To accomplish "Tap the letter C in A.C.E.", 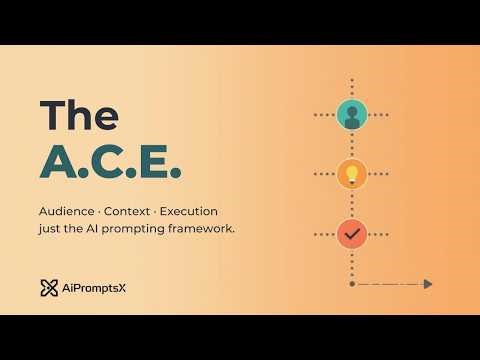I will [106, 162].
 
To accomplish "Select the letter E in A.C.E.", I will [156, 162].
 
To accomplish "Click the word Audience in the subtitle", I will [67, 212].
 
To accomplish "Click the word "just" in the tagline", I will [51, 230].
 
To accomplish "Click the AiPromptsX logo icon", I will [49, 288].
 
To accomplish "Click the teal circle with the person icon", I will [352, 115].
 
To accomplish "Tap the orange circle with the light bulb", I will [352, 174].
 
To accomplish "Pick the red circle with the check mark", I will [352, 234].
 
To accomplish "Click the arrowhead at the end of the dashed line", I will [427, 284].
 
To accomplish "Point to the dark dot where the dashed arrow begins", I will [352, 284].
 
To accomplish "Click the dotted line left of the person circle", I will [324, 115].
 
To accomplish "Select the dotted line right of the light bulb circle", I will [380, 174].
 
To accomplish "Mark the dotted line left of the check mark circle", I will [324, 234].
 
